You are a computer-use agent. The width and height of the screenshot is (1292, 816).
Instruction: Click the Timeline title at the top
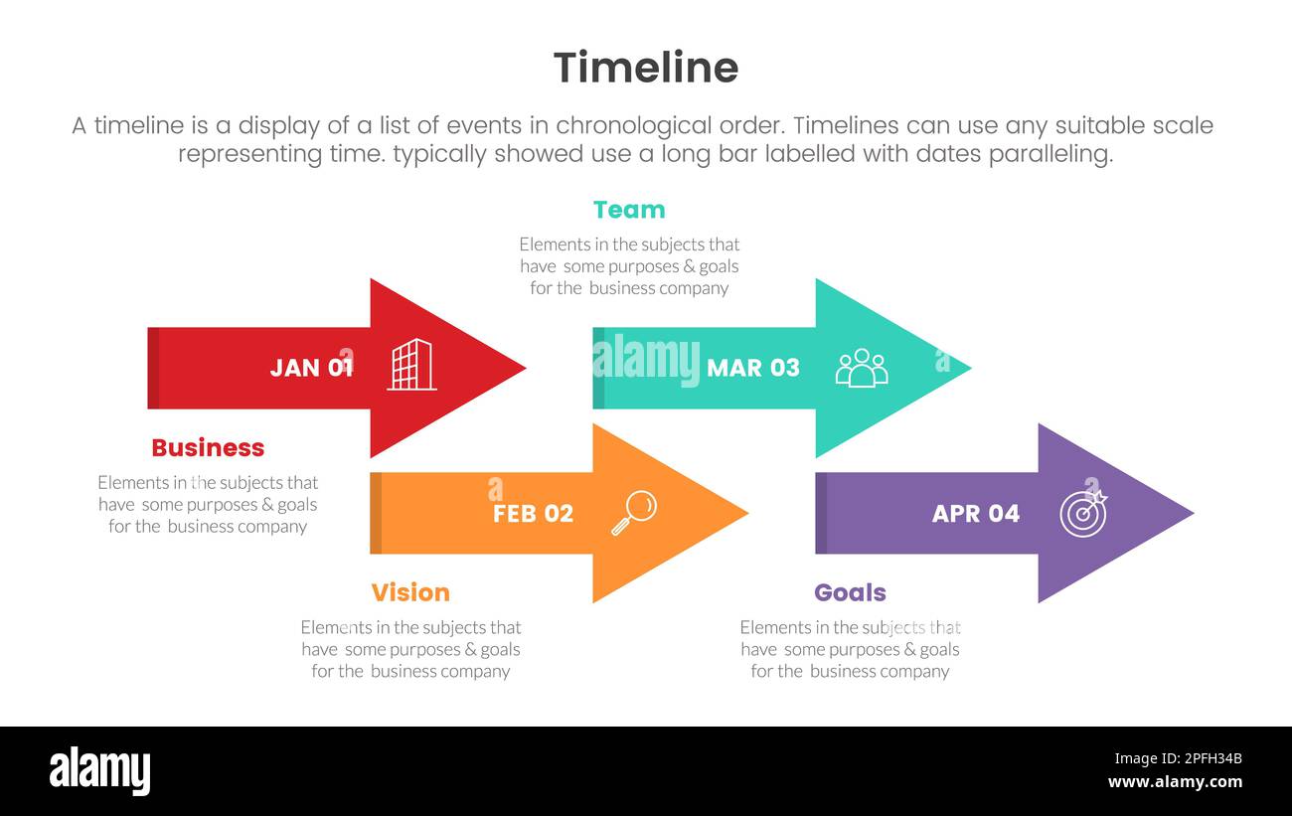pyautogui.click(x=645, y=69)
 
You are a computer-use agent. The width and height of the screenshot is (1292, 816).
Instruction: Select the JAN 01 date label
pyautogui.click(x=311, y=368)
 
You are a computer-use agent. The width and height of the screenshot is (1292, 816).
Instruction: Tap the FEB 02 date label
pyautogui.click(x=533, y=514)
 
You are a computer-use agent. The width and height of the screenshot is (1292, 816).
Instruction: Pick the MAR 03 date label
pyautogui.click(x=752, y=368)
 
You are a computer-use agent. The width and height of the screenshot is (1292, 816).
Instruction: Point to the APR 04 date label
pyautogui.click(x=975, y=514)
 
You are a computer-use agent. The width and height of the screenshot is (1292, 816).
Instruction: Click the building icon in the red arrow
pyautogui.click(x=411, y=365)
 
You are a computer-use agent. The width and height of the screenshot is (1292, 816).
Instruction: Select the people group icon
pyautogui.click(x=861, y=367)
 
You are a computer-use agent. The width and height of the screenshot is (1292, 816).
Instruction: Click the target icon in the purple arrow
pyautogui.click(x=1082, y=512)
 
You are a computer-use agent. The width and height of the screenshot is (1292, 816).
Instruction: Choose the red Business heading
pyautogui.click(x=208, y=448)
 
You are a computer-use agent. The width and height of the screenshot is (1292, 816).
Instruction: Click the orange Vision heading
pyautogui.click(x=410, y=593)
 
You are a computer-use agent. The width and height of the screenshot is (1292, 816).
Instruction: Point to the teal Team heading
pyautogui.click(x=629, y=210)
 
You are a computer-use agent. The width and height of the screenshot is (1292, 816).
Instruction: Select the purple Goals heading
pyautogui.click(x=850, y=593)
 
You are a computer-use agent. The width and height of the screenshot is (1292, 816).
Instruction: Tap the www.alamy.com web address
pyautogui.click(x=1175, y=782)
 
